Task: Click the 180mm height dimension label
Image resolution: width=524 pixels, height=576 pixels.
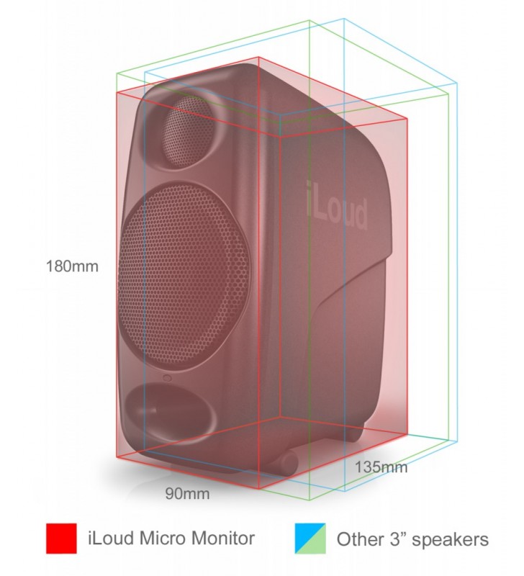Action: click(72, 266)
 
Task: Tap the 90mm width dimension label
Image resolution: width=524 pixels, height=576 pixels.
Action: click(187, 493)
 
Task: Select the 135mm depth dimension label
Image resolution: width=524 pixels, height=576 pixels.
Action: click(381, 467)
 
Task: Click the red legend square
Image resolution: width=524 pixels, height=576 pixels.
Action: click(61, 539)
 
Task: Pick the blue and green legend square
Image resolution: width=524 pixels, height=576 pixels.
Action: click(310, 539)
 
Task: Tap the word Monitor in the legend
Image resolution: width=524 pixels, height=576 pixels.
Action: click(223, 538)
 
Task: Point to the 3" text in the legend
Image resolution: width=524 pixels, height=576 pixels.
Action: click(397, 539)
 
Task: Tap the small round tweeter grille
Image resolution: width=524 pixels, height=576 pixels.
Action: click(188, 131)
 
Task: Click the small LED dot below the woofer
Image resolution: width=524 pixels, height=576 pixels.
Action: click(167, 377)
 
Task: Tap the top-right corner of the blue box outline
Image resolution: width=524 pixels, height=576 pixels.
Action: click(457, 84)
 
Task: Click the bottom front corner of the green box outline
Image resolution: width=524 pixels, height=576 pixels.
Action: click(310, 500)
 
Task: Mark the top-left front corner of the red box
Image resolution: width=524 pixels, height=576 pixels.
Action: click(117, 92)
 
